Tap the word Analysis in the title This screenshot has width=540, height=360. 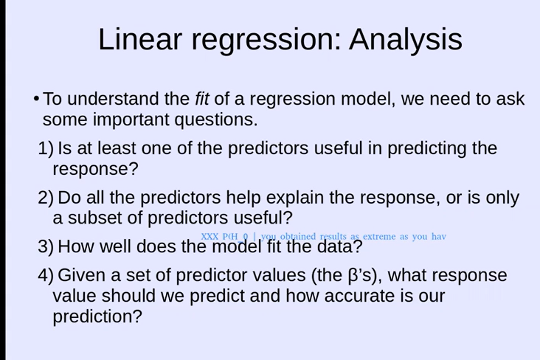click(x=406, y=41)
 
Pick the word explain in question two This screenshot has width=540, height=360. click(x=295, y=198)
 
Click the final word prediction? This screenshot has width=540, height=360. click(x=97, y=317)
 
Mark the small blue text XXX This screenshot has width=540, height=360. click(x=210, y=236)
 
